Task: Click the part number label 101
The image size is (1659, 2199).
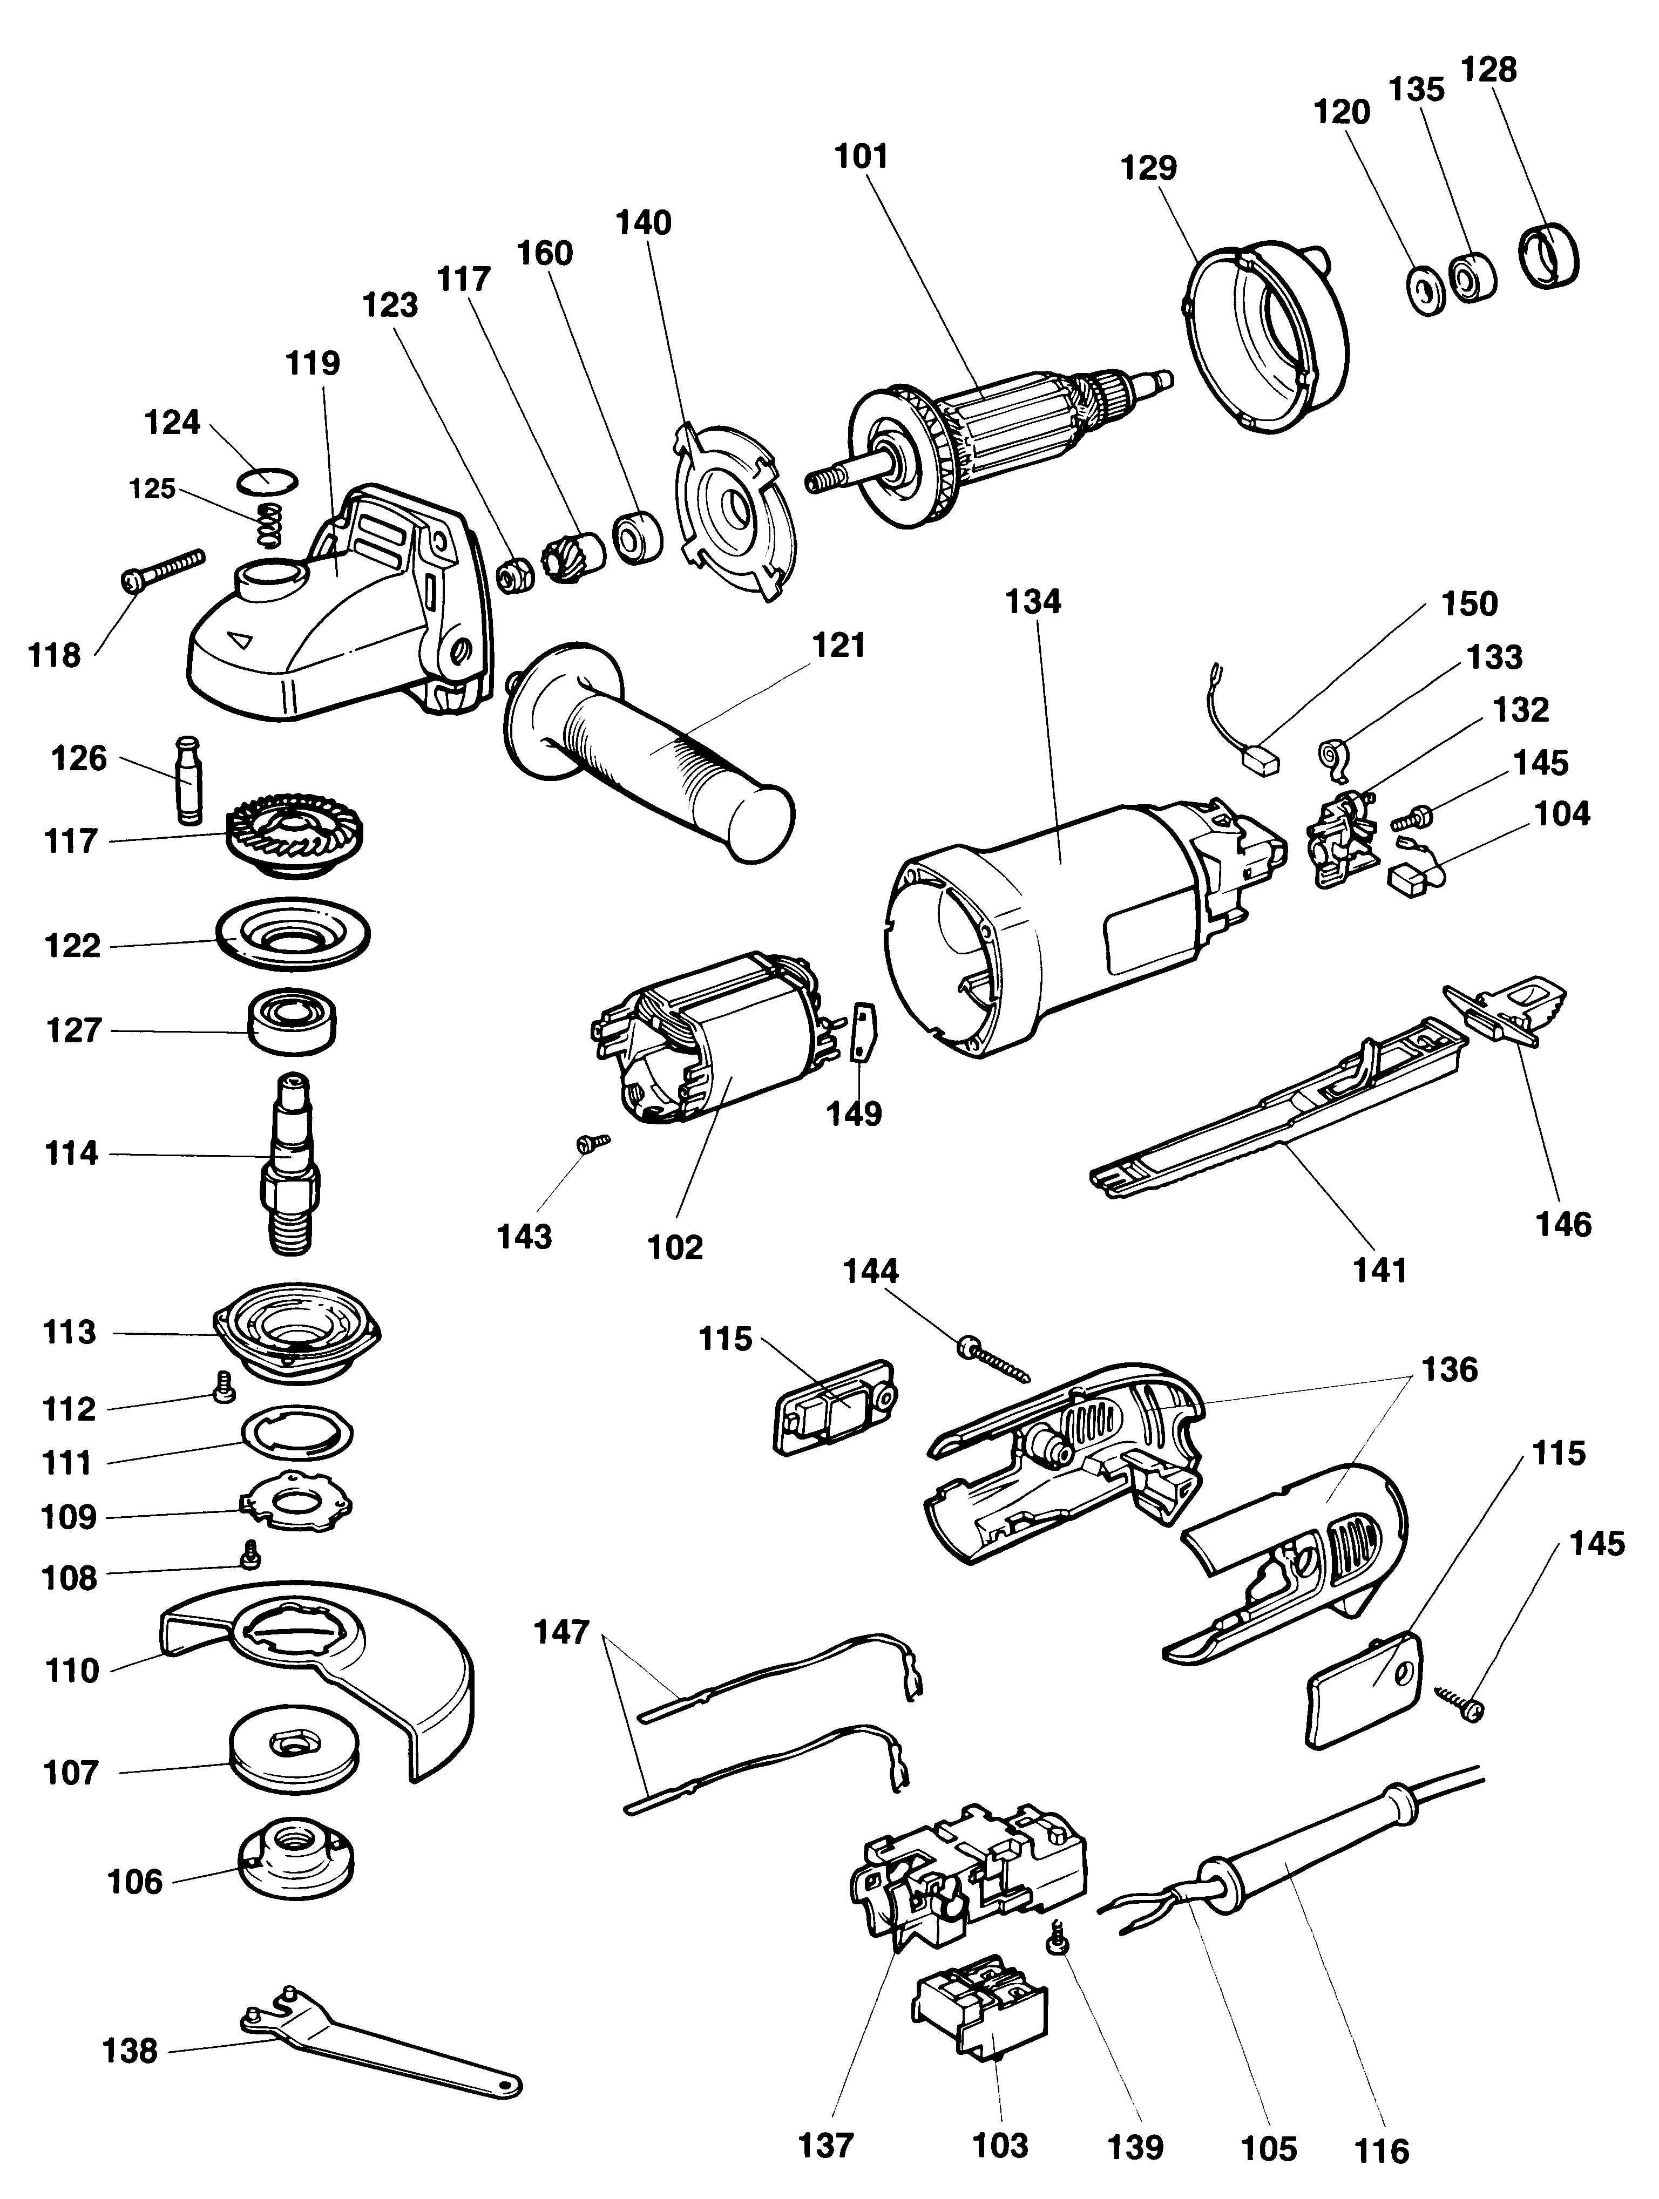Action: pyautogui.click(x=861, y=157)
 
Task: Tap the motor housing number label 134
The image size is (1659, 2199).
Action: pyautogui.click(x=1033, y=601)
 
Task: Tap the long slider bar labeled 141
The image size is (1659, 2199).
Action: pyautogui.click(x=1282, y=1118)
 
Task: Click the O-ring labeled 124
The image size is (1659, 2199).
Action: pyautogui.click(x=267, y=479)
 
